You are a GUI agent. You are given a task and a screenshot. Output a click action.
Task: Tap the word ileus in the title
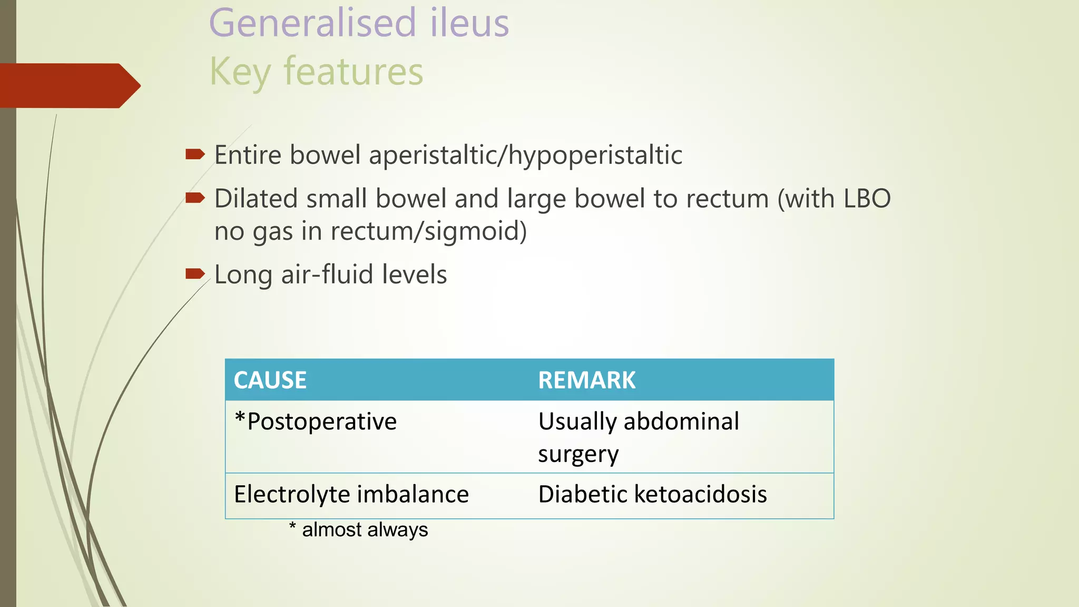(469, 23)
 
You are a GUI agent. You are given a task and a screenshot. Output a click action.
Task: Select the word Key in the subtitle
(240, 72)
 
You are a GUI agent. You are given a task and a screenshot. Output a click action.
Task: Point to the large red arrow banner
(68, 85)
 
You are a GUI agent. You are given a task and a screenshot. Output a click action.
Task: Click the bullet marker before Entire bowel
(195, 154)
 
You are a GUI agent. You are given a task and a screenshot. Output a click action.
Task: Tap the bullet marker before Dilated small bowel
(195, 198)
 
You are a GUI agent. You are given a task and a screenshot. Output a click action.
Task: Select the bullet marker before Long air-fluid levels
(195, 273)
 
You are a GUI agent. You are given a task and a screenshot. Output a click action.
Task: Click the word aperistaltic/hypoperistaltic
(525, 155)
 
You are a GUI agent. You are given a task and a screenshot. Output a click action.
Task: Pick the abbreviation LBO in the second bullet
(867, 199)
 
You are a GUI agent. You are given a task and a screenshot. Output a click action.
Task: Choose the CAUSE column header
(270, 380)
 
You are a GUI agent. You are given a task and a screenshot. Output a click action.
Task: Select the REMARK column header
(587, 380)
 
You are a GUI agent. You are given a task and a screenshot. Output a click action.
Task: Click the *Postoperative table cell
(316, 422)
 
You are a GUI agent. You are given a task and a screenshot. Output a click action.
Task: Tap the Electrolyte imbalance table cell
(351, 494)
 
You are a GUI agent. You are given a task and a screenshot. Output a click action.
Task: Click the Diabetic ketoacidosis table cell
(652, 494)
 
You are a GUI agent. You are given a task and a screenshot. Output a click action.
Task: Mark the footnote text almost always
(365, 530)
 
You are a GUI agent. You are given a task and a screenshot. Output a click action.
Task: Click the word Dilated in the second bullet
(256, 199)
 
